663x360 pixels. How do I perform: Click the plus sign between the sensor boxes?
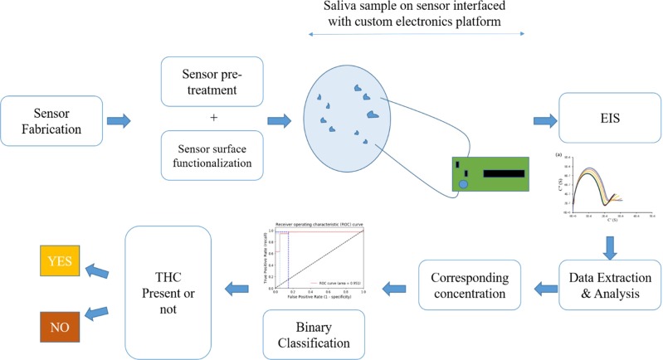[214, 118]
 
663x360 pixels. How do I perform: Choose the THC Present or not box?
[167, 286]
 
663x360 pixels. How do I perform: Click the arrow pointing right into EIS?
[544, 122]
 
